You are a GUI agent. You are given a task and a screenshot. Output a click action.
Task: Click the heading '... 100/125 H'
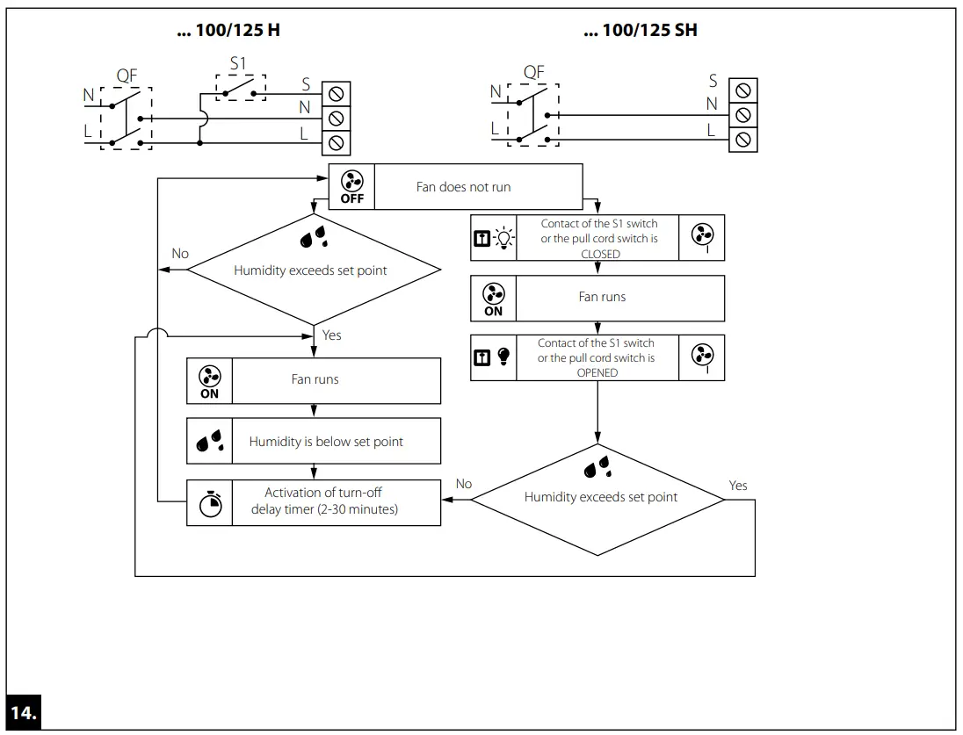point(229,31)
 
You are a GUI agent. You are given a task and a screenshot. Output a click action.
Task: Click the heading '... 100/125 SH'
point(641,31)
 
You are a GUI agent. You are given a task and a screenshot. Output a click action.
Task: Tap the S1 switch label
point(238,65)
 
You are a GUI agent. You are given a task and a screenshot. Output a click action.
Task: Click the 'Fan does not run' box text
point(463,186)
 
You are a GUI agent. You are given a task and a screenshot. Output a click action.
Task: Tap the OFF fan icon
point(351,186)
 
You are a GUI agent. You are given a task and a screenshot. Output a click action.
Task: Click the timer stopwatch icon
point(210,503)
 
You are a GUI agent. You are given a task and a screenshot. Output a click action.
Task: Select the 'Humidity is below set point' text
point(326,442)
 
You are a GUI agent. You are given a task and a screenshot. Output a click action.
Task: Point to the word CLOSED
point(600,254)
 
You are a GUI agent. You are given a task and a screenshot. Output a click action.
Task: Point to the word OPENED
point(597,372)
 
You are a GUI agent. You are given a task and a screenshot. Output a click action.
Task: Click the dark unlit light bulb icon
point(503,357)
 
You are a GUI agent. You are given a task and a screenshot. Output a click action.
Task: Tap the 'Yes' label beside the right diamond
point(738,486)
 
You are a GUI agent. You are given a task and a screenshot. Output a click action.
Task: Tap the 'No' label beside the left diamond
point(180,254)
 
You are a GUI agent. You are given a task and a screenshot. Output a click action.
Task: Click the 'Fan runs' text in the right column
point(602,297)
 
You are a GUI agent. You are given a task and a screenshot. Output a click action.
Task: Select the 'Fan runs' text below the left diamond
point(315,379)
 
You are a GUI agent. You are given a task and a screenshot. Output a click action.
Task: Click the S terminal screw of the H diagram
point(335,93)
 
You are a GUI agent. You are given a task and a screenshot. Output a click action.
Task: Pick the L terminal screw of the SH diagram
point(743,140)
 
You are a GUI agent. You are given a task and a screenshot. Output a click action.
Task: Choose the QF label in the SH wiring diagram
point(534,72)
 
